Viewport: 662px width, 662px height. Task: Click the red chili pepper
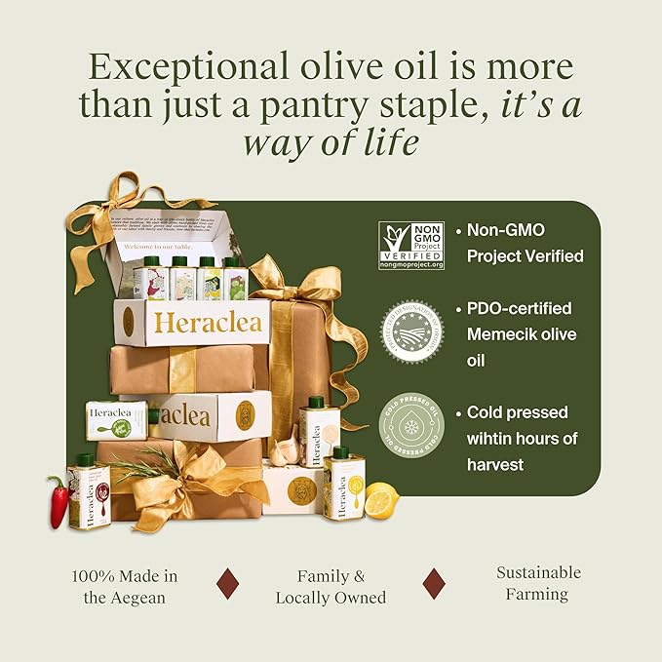[58, 499]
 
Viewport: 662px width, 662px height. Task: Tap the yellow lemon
[380, 500]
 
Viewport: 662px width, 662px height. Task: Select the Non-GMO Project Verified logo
[411, 245]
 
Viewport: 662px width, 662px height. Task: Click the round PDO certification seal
[410, 331]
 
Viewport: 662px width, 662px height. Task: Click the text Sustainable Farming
[538, 583]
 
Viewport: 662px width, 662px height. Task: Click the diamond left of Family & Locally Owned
[227, 583]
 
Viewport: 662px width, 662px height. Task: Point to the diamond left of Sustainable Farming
[434, 583]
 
